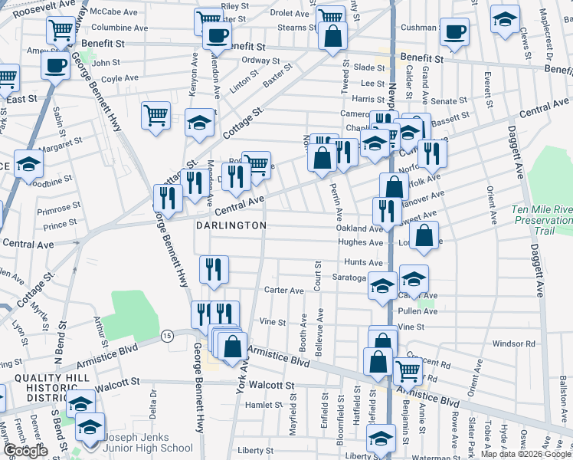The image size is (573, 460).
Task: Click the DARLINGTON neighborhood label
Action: coord(231,225)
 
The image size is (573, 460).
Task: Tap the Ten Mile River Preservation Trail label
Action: coord(542,220)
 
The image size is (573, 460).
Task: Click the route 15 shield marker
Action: coord(166,335)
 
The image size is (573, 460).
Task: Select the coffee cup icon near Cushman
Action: coord(454,32)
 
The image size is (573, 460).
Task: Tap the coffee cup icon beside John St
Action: coord(56,66)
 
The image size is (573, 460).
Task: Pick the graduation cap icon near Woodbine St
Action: coord(29,164)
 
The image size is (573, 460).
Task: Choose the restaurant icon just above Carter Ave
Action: coord(214,269)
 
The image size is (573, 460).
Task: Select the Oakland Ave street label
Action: coord(359,228)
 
